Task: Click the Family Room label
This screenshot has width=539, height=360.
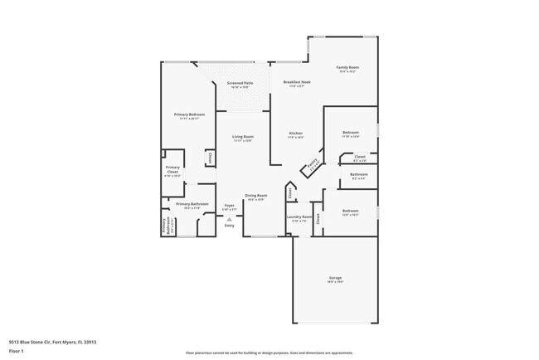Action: pyautogui.click(x=347, y=67)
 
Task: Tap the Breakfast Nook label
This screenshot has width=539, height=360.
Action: pyautogui.click(x=296, y=82)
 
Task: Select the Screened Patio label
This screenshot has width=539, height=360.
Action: pyautogui.click(x=240, y=83)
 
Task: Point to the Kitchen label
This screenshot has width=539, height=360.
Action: pyautogui.click(x=295, y=134)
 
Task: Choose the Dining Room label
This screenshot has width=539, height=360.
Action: pyautogui.click(x=255, y=196)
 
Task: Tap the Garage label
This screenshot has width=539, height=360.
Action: pyautogui.click(x=335, y=278)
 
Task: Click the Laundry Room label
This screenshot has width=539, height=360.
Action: pyautogui.click(x=299, y=217)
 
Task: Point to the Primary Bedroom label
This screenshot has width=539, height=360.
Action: pyautogui.click(x=189, y=114)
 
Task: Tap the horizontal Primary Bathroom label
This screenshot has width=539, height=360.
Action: pyautogui.click(x=192, y=204)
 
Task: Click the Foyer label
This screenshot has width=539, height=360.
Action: pyautogui.click(x=230, y=205)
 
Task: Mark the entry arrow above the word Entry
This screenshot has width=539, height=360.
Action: pyautogui.click(x=230, y=219)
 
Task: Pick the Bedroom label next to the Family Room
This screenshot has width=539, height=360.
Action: pyautogui.click(x=351, y=133)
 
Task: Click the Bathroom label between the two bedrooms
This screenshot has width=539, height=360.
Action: pyautogui.click(x=359, y=174)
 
